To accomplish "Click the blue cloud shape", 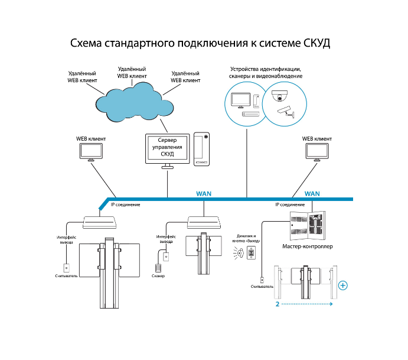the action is (134, 102).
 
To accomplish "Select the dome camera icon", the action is (280, 96).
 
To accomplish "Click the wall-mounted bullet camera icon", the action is (286, 112).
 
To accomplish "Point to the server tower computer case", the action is (202, 149).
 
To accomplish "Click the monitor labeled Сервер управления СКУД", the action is (167, 151).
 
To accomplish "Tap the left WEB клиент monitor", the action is (91, 152).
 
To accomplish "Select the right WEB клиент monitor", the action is (317, 152).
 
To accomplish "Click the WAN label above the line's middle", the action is (204, 193).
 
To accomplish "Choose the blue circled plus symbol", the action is (343, 286).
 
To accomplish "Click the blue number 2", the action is (278, 304).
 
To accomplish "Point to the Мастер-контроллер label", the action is (308, 246).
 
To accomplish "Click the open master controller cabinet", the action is (308, 226).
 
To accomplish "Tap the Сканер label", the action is (158, 276).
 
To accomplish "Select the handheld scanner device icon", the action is (158, 268).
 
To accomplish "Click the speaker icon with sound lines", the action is (240, 253).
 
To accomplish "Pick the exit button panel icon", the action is (252, 252).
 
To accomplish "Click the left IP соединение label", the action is (125, 205).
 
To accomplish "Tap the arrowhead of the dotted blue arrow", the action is (331, 304).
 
